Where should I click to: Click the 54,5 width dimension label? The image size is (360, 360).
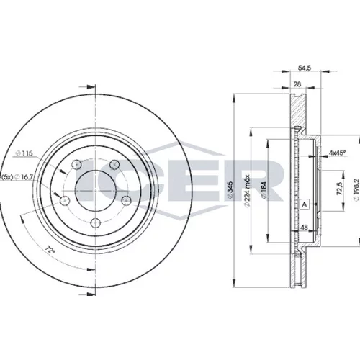point(305,68)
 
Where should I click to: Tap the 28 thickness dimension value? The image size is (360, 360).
point(297,84)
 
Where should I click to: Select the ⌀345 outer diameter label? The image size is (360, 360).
point(230,189)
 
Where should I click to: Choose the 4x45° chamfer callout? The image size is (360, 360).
point(337,152)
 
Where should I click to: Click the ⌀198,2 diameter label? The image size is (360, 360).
point(356,190)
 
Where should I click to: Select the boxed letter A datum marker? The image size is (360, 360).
point(305,204)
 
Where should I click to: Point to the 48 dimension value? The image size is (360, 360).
point(304,228)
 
